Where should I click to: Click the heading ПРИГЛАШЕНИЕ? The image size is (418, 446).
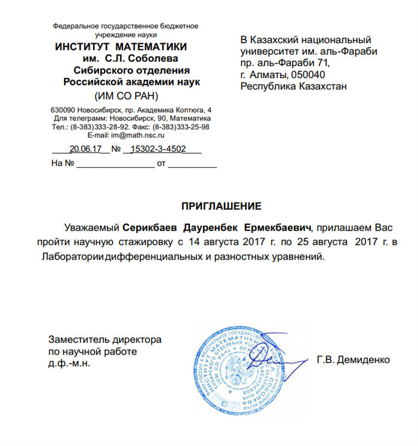(x=222, y=207)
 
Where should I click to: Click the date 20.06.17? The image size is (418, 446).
(x=86, y=150)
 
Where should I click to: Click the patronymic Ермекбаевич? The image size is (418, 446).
(x=282, y=228)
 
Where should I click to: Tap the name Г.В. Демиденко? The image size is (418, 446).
(x=354, y=360)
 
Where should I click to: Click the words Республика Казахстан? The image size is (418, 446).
(x=293, y=86)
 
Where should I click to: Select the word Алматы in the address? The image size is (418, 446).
(x=268, y=75)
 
